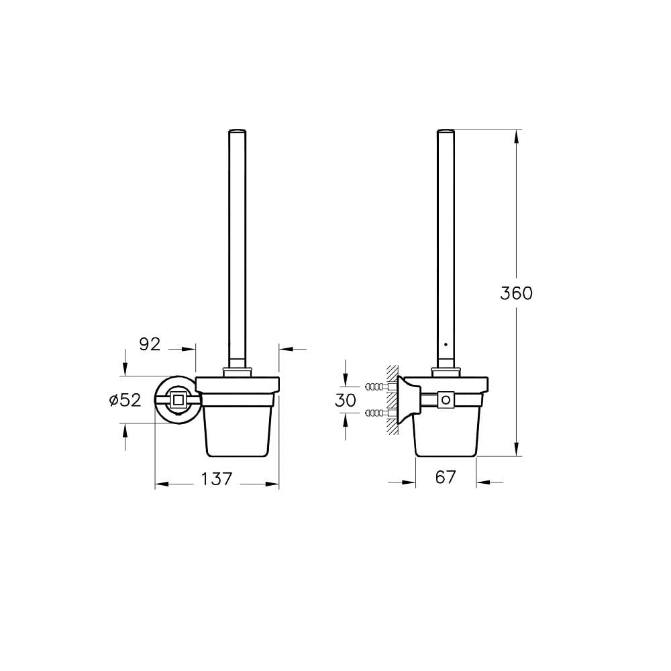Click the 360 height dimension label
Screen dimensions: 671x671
[x=516, y=294]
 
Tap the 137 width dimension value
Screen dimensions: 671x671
[x=217, y=479]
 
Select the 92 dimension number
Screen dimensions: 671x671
[x=150, y=344]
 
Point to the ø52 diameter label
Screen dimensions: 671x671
[x=125, y=400]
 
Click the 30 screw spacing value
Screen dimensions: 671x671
[x=346, y=400]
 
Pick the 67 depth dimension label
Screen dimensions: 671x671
[x=446, y=477]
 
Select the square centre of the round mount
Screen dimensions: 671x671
[x=177, y=400]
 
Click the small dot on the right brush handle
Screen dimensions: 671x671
[x=446, y=344]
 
